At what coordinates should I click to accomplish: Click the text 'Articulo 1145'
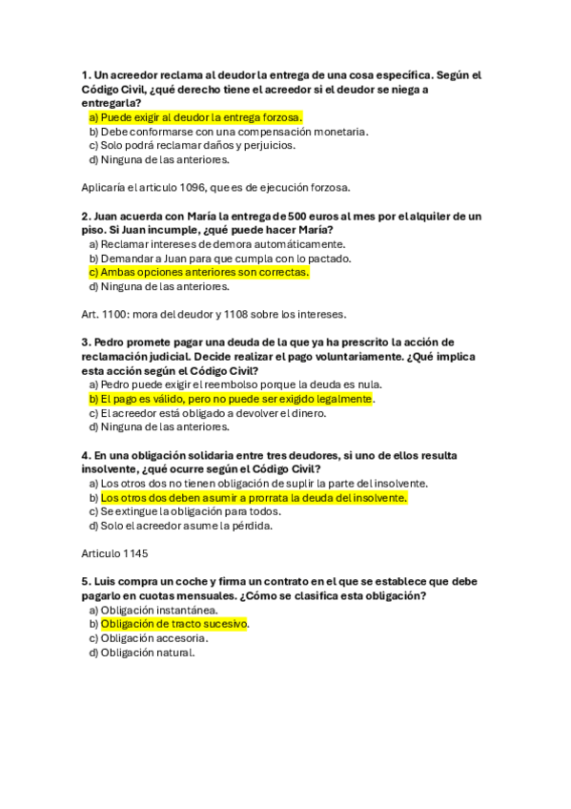(115, 553)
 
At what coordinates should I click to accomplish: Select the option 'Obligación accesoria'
(153, 638)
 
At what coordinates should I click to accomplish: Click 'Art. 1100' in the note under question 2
(105, 314)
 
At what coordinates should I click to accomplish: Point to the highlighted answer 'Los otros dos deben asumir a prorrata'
(253, 497)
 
